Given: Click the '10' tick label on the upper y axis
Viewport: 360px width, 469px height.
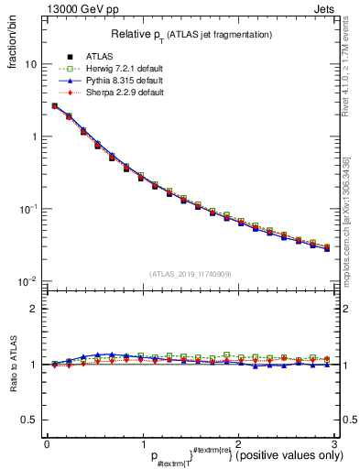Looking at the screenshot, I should (x=31, y=65).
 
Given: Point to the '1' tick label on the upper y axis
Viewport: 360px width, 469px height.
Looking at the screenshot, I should (x=35, y=137).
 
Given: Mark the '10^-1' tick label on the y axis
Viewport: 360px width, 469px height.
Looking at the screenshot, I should (x=29, y=209).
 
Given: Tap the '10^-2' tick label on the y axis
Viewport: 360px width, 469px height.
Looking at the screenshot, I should (x=29, y=280).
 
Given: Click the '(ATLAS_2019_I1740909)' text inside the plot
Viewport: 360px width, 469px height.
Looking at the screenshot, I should (x=191, y=274).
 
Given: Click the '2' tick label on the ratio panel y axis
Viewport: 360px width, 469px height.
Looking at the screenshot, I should (x=35, y=309).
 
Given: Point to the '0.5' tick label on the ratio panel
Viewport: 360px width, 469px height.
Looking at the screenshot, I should (x=30, y=420).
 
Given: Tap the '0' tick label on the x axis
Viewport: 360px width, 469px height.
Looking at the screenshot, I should (x=47, y=443).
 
